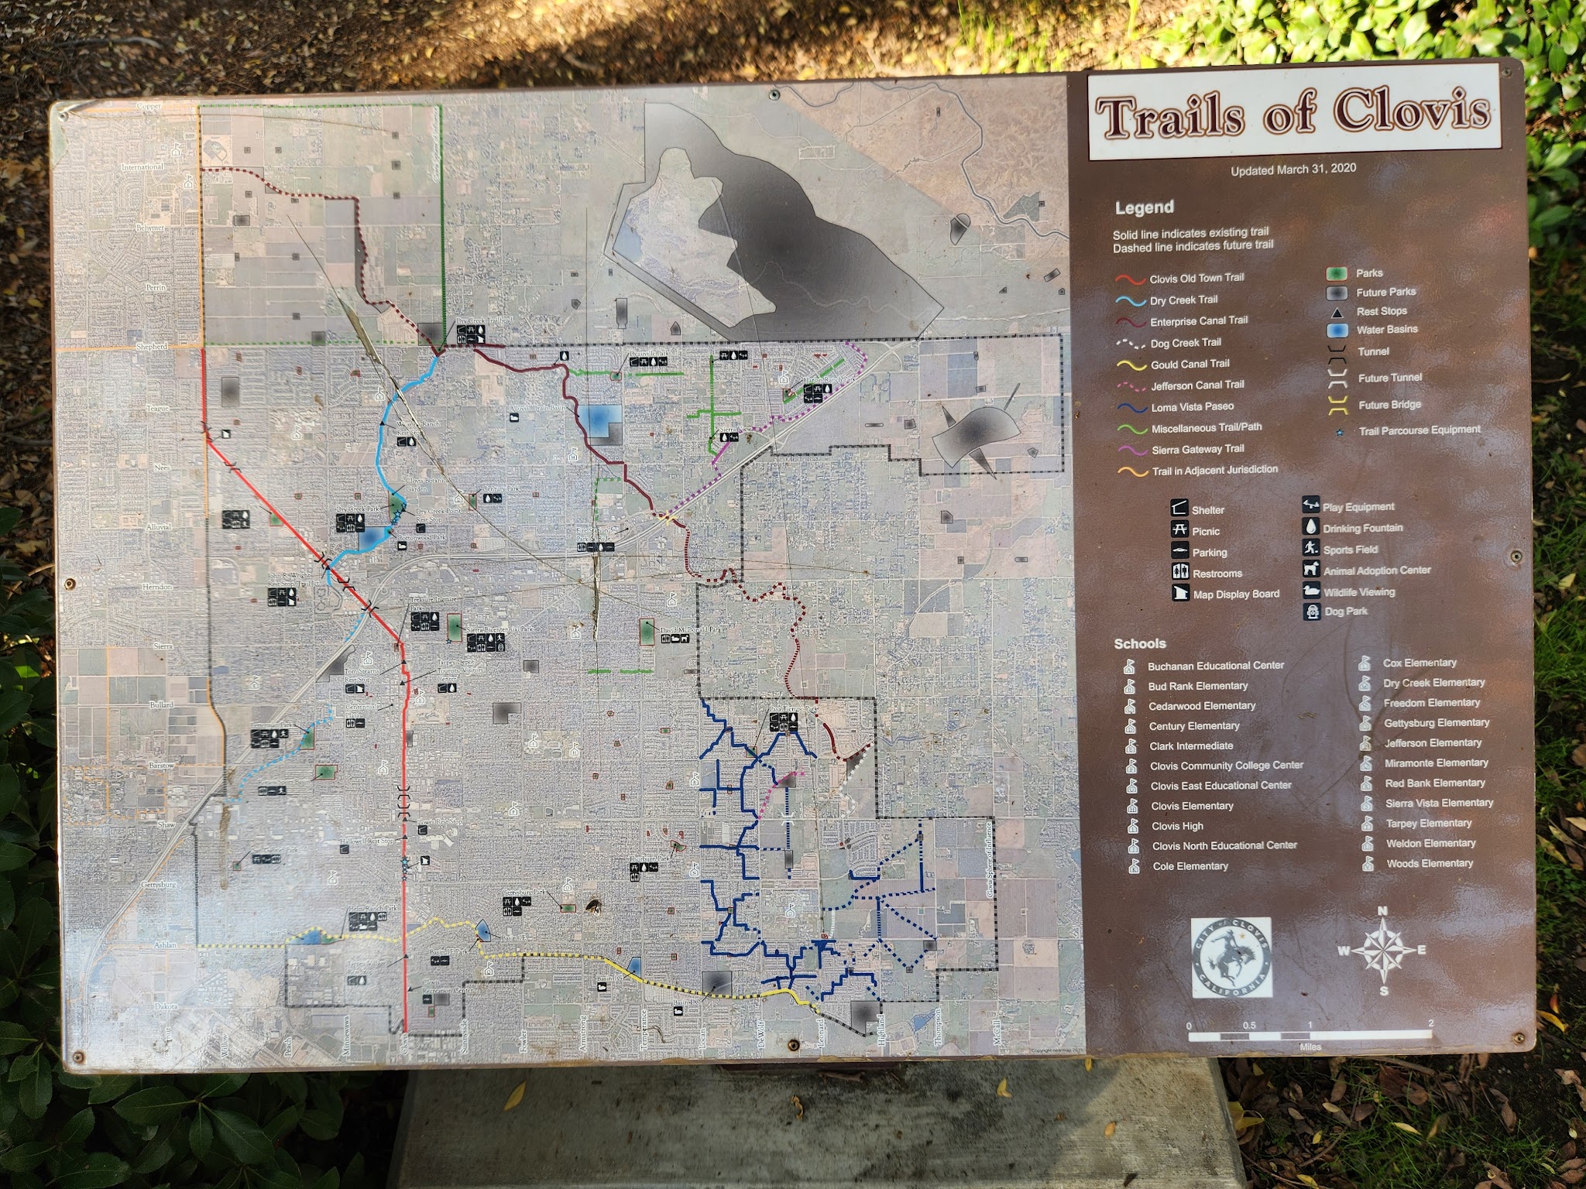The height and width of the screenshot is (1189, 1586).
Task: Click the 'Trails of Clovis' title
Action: point(1292,114)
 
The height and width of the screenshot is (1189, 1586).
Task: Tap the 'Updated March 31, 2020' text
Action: point(1293,169)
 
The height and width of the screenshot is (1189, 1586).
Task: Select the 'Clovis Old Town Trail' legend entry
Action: point(1196,278)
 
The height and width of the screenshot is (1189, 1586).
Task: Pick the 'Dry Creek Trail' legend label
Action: point(1183,300)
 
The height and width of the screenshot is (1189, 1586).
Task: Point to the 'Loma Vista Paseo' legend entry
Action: point(1192,406)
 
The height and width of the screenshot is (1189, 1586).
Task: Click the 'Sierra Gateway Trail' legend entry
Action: point(1197,449)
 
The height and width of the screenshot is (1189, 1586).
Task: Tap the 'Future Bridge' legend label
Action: point(1389,405)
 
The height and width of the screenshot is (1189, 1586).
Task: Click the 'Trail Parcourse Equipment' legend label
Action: point(1419,430)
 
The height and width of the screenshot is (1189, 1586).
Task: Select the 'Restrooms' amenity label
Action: point(1217,574)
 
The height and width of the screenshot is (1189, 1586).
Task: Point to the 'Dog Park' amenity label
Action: point(1346,612)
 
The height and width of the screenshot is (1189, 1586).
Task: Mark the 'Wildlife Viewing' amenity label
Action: point(1358,592)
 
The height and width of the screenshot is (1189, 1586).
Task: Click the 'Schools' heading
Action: point(1139,644)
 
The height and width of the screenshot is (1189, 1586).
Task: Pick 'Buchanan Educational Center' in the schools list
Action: point(1215,666)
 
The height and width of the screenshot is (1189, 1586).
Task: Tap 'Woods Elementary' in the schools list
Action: point(1429,863)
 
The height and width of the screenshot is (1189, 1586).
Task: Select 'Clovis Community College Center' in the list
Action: point(1226,766)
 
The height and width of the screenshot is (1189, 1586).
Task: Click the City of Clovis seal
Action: point(1231,958)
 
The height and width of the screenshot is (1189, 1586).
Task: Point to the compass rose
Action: point(1383,950)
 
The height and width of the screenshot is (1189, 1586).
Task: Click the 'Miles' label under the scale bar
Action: point(1310,1047)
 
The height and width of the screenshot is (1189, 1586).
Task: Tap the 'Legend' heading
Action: point(1144,207)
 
